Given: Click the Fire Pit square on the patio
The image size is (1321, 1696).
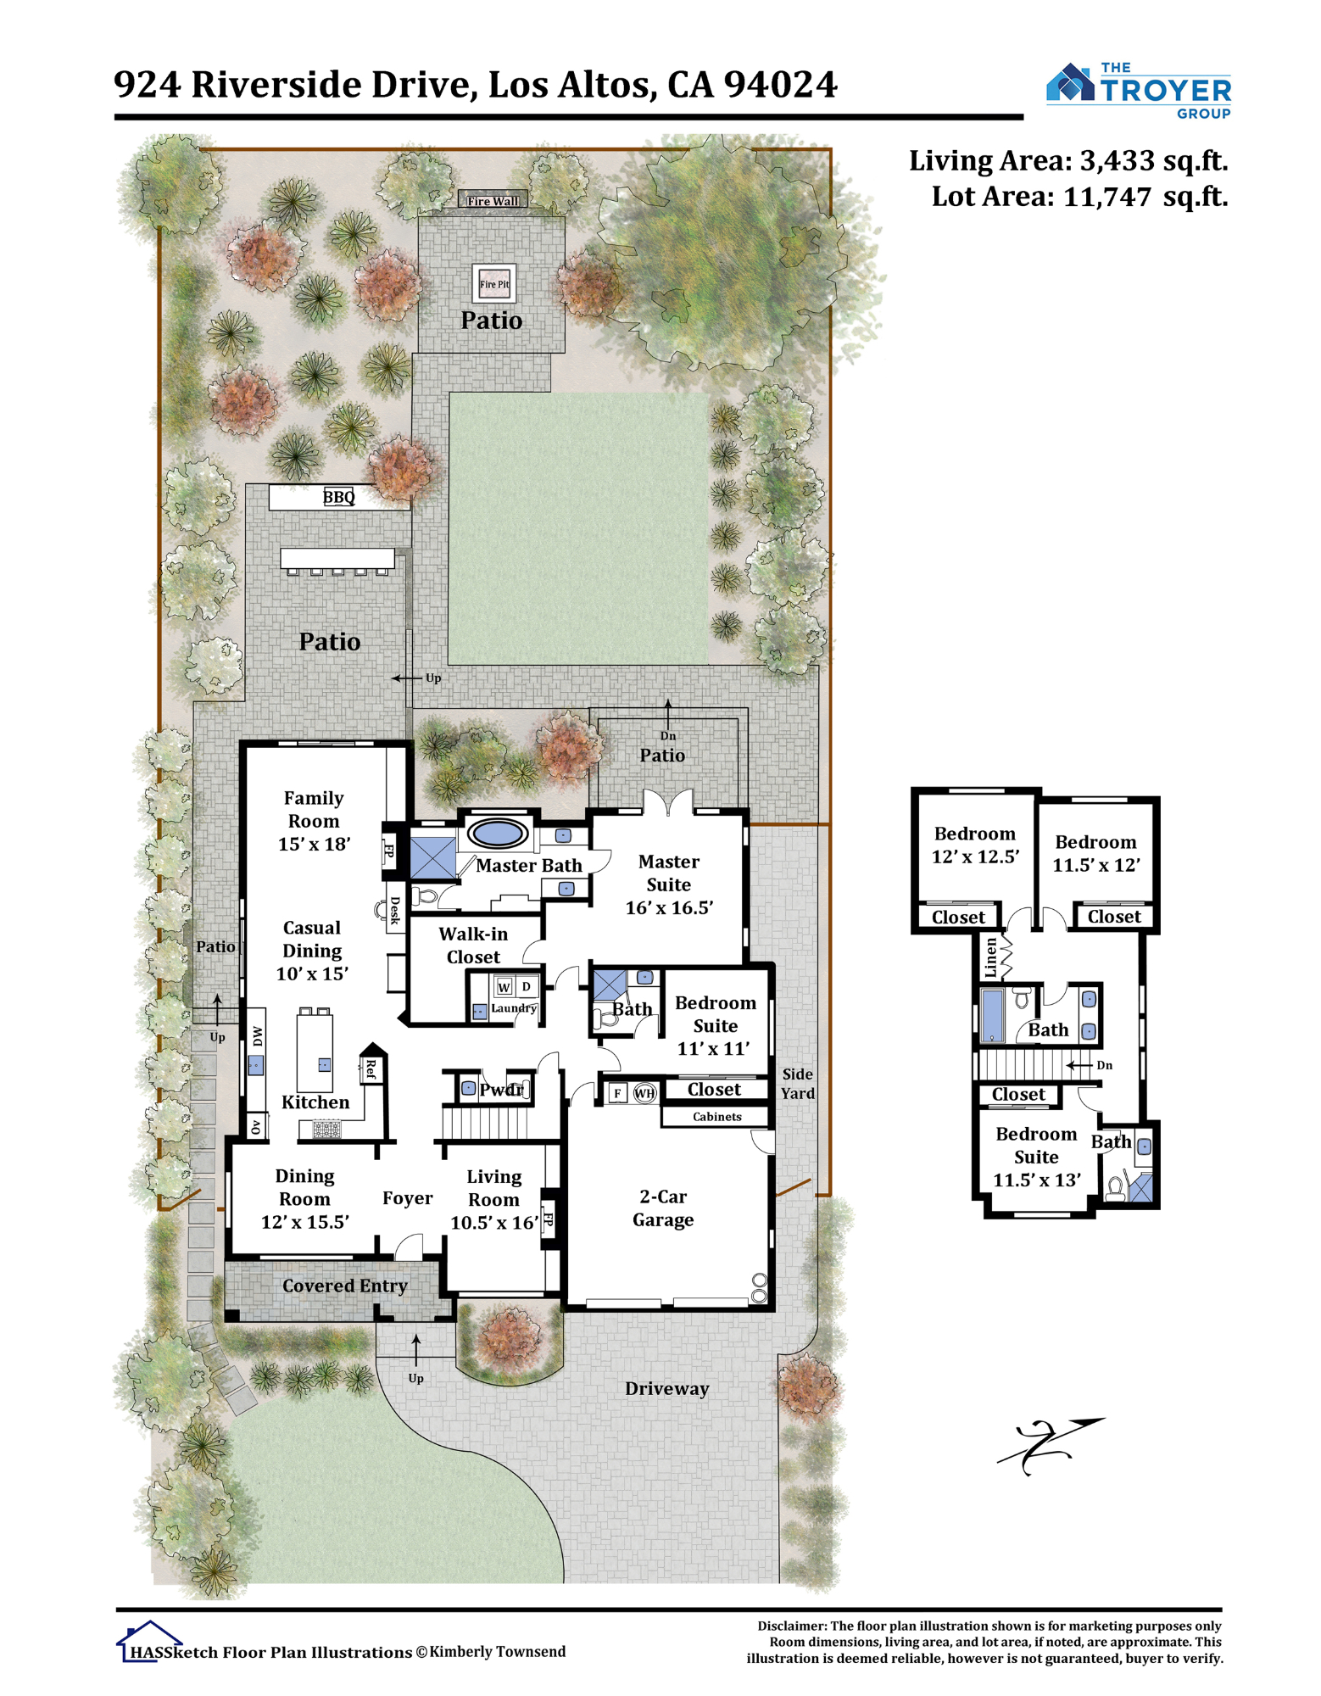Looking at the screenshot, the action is [x=493, y=283].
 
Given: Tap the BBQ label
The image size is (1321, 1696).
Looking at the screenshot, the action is [x=338, y=497].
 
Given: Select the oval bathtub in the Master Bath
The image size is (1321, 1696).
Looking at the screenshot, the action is [x=497, y=832].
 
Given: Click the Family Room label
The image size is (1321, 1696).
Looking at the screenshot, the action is [x=314, y=809].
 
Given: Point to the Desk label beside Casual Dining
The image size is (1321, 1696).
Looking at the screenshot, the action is [x=394, y=910].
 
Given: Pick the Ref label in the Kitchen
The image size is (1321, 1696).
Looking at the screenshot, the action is [x=371, y=1069].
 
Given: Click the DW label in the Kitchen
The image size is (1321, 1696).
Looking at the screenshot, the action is [x=257, y=1035].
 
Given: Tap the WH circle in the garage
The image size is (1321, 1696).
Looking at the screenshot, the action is [x=644, y=1093].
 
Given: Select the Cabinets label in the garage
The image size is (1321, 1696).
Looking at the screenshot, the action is [x=716, y=1117].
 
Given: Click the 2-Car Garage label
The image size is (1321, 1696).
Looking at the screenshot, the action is [x=663, y=1208].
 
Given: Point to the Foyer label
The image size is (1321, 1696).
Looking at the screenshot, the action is [x=407, y=1197].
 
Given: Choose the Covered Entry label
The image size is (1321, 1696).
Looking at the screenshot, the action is [x=345, y=1286].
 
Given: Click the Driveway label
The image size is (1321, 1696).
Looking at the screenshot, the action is [x=666, y=1388].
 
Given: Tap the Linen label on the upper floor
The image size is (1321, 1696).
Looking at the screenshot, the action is [x=990, y=957].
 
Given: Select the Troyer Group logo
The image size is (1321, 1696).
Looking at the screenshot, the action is [x=1138, y=90].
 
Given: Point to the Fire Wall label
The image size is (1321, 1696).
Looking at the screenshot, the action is [x=493, y=201].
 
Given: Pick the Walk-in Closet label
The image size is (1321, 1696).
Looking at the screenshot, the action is [x=473, y=945].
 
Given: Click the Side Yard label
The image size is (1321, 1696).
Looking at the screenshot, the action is [x=797, y=1084].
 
